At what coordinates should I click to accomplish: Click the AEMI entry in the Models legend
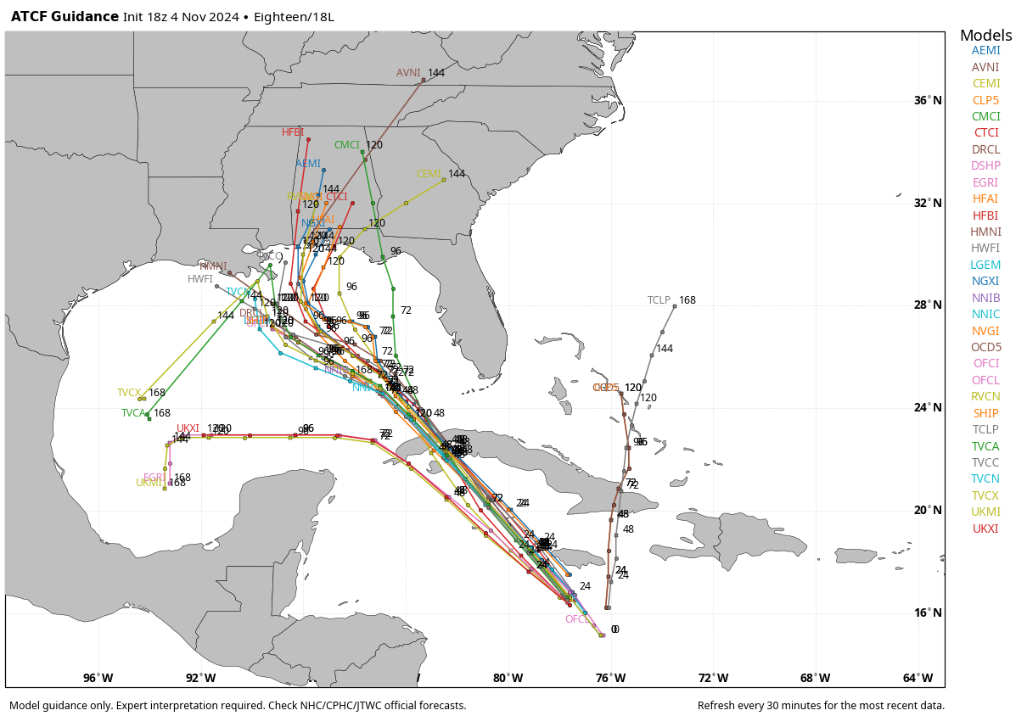(985, 50)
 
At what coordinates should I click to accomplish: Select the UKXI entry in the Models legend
(985, 529)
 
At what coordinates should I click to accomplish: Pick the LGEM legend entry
(985, 265)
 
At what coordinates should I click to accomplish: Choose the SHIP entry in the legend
(985, 413)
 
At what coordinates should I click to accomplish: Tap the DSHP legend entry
(985, 165)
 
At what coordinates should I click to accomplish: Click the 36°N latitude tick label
(927, 101)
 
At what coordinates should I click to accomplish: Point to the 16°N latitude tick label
(927, 613)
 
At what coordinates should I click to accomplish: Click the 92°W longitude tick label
(201, 678)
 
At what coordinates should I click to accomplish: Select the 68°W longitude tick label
(816, 678)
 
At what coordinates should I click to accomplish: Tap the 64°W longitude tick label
(918, 678)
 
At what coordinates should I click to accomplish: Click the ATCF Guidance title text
(65, 17)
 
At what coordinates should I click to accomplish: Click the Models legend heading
(985, 36)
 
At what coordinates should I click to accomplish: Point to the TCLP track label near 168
(659, 300)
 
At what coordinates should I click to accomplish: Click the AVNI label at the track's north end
(408, 73)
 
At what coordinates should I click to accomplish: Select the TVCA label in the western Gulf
(133, 413)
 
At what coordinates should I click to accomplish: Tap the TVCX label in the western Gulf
(129, 393)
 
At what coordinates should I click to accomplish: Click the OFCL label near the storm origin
(578, 619)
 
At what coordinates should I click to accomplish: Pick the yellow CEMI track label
(429, 174)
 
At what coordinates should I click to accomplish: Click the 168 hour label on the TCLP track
(687, 300)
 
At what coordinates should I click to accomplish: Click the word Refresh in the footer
(717, 706)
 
